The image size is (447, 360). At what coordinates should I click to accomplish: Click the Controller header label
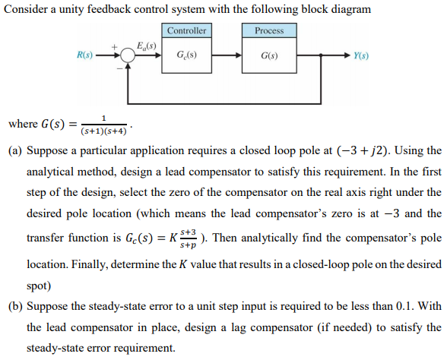186,30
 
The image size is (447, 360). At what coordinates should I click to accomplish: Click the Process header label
268,30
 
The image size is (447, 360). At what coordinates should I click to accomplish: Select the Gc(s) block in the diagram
186,56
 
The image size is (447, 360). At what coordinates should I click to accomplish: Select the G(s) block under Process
268,56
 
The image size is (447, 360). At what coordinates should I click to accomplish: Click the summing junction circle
128,56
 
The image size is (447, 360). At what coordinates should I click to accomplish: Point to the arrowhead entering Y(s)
346,56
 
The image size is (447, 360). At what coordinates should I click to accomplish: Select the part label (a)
14,150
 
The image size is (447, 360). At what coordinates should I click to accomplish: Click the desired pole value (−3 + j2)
384,150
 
